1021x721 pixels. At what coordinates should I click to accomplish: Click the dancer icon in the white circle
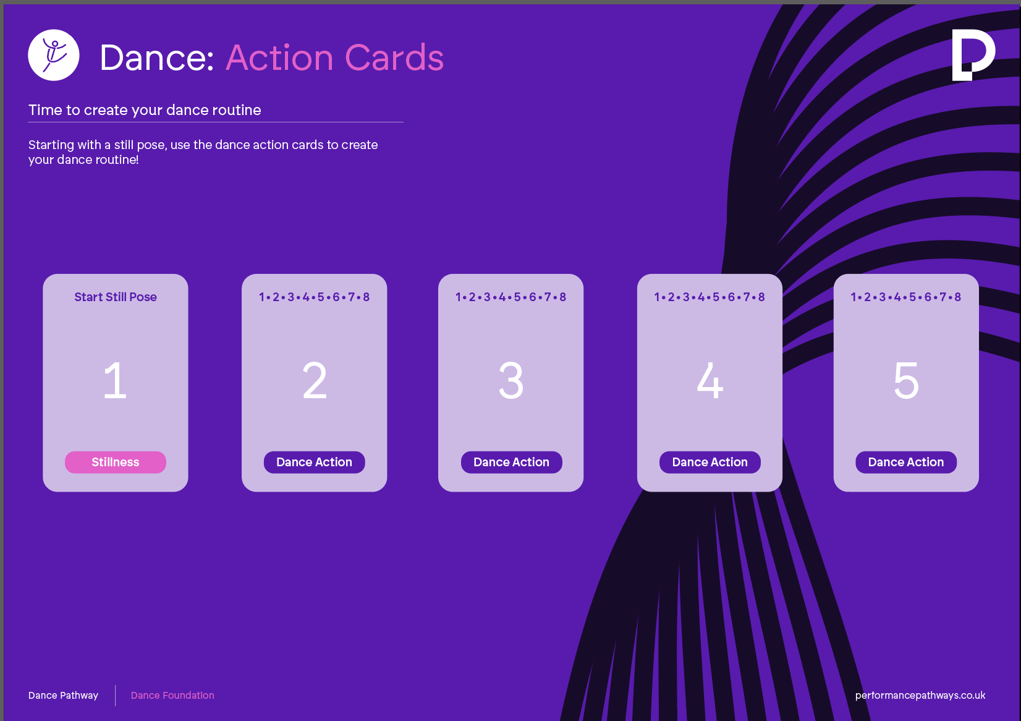pyautogui.click(x=54, y=55)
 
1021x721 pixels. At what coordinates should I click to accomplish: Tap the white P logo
pyautogui.click(x=973, y=55)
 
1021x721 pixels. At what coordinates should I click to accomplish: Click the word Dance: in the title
pyautogui.click(x=157, y=58)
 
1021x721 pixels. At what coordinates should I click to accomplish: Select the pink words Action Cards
pyautogui.click(x=334, y=58)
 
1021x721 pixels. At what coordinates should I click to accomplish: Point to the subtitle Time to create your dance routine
pyautogui.click(x=145, y=110)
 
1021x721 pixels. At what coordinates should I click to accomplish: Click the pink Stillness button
pyautogui.click(x=116, y=462)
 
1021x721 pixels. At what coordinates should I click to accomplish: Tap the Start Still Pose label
pyautogui.click(x=116, y=297)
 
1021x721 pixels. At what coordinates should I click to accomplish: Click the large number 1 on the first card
pyautogui.click(x=115, y=380)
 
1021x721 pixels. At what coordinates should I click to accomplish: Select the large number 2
pyautogui.click(x=315, y=380)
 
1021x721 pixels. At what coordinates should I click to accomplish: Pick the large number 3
pyautogui.click(x=511, y=380)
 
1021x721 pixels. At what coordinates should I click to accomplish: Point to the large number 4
pyautogui.click(x=710, y=380)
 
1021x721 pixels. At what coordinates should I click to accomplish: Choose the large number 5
pyautogui.click(x=906, y=380)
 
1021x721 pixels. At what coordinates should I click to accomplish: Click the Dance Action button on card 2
pyautogui.click(x=314, y=462)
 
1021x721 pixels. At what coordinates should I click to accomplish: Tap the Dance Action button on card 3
pyautogui.click(x=511, y=462)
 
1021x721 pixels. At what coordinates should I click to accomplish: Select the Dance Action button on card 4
pyautogui.click(x=710, y=462)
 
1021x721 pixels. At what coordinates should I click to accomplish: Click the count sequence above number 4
pyautogui.click(x=710, y=297)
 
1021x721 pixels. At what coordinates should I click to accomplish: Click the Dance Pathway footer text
pyautogui.click(x=64, y=696)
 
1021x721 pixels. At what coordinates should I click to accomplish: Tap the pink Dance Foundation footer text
pyautogui.click(x=172, y=696)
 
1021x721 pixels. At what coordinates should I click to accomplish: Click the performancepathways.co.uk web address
pyautogui.click(x=920, y=696)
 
